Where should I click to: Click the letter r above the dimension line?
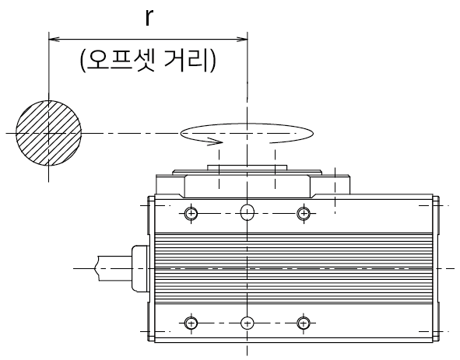coord(149,18)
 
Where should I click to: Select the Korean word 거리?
coord(186,61)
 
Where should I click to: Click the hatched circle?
coord(48,133)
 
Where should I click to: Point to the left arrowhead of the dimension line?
coord(54,39)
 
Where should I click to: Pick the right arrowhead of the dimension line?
coord(242,39)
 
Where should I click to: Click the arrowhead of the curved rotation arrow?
coord(216,142)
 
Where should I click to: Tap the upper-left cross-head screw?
coord(191,213)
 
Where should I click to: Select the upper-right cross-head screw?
coord(304,213)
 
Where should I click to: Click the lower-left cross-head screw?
coord(191,323)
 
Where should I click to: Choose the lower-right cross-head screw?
coord(304,323)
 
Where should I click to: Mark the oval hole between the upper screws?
coord(248,212)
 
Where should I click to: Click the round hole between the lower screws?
coord(248,323)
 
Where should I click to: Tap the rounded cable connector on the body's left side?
coord(141,268)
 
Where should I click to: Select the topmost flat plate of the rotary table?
coord(247,167)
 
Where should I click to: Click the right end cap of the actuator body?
coord(436,268)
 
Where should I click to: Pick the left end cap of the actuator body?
coord(151,268)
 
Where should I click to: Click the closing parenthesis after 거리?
coord(212,61)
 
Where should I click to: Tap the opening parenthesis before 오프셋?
coord(83,61)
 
